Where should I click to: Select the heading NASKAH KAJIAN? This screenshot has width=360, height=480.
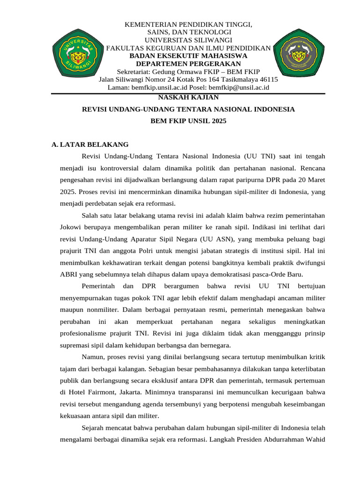tap(188, 97)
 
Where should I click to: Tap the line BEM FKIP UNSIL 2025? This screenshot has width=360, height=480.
tap(188, 121)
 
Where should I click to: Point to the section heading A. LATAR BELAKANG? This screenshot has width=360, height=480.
tap(90, 144)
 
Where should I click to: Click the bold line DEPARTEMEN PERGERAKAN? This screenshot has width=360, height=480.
tap(188, 64)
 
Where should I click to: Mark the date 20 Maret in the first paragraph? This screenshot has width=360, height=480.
tap(311, 180)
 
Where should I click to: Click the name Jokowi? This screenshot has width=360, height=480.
tap(71, 227)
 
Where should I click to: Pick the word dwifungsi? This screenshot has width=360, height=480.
tap(309, 262)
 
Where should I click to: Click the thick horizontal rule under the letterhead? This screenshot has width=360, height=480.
tap(188, 94)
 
